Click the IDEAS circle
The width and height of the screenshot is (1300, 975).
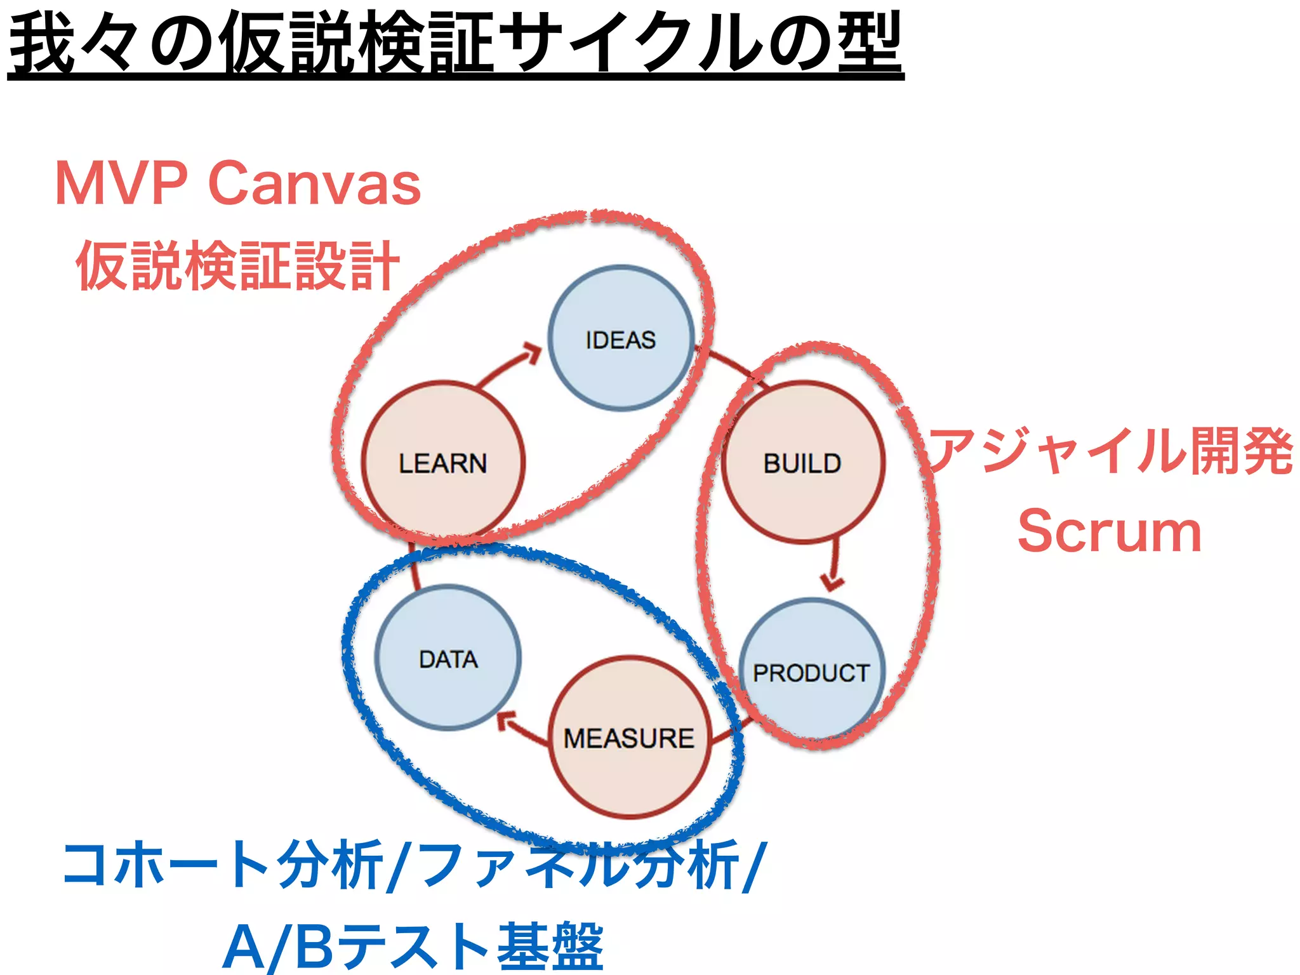[621, 338]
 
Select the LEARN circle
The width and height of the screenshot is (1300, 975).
[443, 462]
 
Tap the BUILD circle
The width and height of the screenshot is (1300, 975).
[802, 462]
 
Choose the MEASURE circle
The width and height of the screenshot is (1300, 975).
[629, 737]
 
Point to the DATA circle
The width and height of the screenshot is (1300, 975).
[448, 658]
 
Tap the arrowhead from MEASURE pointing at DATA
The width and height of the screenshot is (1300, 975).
[506, 720]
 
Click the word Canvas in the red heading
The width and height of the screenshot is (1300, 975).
[314, 183]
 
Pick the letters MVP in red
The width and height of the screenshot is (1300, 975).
[121, 183]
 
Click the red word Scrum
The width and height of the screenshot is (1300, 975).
[1109, 531]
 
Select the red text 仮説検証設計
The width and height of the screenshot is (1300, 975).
[238, 265]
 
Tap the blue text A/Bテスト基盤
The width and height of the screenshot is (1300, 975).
[413, 946]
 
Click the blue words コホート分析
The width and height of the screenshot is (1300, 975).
[222, 865]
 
